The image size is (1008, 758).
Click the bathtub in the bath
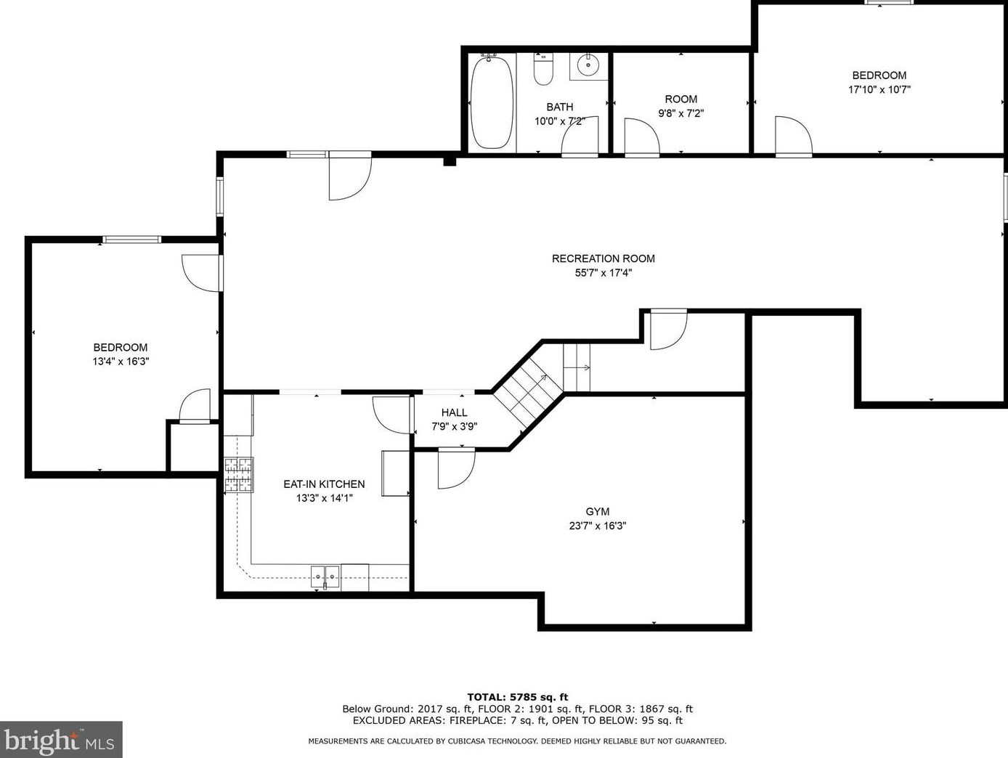coord(492,104)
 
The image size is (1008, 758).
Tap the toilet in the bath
coord(543,69)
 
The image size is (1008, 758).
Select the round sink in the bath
coord(588,65)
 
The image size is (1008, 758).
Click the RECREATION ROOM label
coord(603,258)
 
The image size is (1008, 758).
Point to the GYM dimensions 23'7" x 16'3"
coord(597,526)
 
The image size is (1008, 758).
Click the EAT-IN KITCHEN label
coord(324,484)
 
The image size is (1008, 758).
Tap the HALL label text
coord(454,412)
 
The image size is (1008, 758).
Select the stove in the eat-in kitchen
coord(238,475)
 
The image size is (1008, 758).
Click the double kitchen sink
coord(325,576)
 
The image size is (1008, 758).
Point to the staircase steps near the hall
coord(529,389)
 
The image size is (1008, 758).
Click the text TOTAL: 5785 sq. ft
coord(517,697)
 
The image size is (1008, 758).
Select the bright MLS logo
coord(61,740)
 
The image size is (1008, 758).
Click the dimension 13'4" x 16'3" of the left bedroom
coord(121,361)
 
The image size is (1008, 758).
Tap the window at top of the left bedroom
coord(131,239)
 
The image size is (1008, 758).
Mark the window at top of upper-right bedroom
coord(888,3)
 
